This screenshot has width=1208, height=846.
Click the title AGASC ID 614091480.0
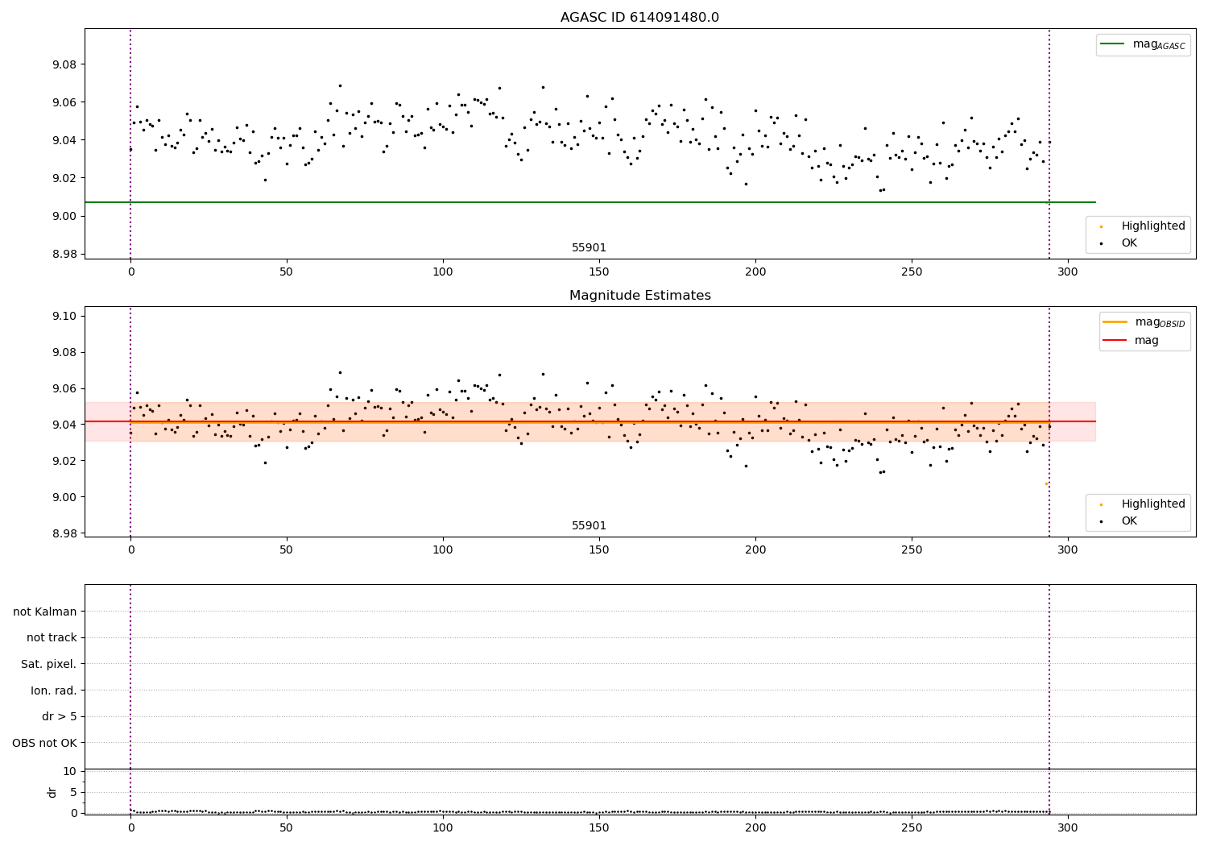pyautogui.click(x=639, y=18)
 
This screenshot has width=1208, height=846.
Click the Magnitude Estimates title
pyautogui.click(x=639, y=296)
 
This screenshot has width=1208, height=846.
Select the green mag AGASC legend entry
pyautogui.click(x=1143, y=44)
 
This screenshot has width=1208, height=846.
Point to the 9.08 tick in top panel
pyautogui.click(x=64, y=64)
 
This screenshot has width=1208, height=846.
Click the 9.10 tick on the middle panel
pyautogui.click(x=64, y=316)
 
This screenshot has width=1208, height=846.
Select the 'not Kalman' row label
pyautogui.click(x=44, y=612)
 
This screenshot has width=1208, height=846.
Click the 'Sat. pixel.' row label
pyautogui.click(x=48, y=664)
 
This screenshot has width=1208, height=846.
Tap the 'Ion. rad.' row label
pyautogui.click(x=53, y=690)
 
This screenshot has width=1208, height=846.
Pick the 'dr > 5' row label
pyautogui.click(x=59, y=716)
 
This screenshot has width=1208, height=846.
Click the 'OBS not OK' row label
pyautogui.click(x=44, y=743)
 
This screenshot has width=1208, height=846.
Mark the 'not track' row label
pyautogui.click(x=52, y=637)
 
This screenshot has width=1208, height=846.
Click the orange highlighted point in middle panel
pyautogui.click(x=1046, y=483)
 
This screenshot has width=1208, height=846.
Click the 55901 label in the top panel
pyautogui.click(x=589, y=248)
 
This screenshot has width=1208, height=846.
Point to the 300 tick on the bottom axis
pyautogui.click(x=1068, y=827)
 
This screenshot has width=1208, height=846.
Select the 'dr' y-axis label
pyautogui.click(x=52, y=792)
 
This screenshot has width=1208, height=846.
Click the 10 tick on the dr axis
pyautogui.click(x=69, y=771)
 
